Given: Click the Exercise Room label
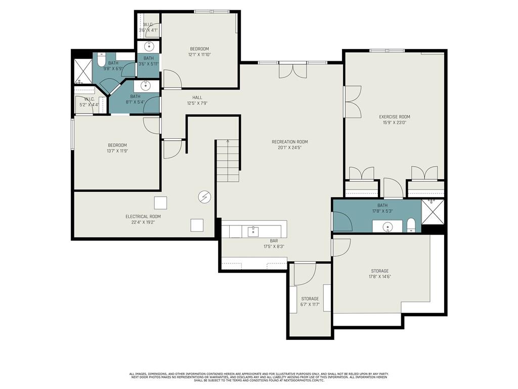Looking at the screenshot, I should click(x=395, y=116).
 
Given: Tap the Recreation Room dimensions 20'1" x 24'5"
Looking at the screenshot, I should click(x=289, y=148).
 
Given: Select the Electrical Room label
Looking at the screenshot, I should click(x=143, y=216).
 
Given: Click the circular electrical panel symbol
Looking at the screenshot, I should click(x=204, y=196).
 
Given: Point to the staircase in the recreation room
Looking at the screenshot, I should click(x=228, y=161).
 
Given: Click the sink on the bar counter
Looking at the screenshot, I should click(x=253, y=231).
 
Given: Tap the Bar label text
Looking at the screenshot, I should click(x=274, y=241).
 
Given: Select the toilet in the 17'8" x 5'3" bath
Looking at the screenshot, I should click(x=411, y=224).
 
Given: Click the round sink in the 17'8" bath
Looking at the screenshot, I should click(x=388, y=226).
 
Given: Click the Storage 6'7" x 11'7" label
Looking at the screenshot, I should click(x=310, y=299).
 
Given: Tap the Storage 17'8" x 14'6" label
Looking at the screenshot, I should click(x=379, y=271).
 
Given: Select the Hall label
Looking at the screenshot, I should click(x=197, y=97).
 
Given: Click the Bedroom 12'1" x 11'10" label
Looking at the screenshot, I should click(x=199, y=49).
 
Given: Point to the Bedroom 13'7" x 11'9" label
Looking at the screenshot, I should click(x=117, y=145).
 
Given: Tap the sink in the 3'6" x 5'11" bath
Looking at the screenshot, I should click(x=149, y=47).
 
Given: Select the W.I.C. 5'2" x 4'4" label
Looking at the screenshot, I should click(x=89, y=99).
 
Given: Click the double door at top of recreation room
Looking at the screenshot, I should click(x=292, y=70).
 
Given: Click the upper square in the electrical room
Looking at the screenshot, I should click(x=160, y=203).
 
